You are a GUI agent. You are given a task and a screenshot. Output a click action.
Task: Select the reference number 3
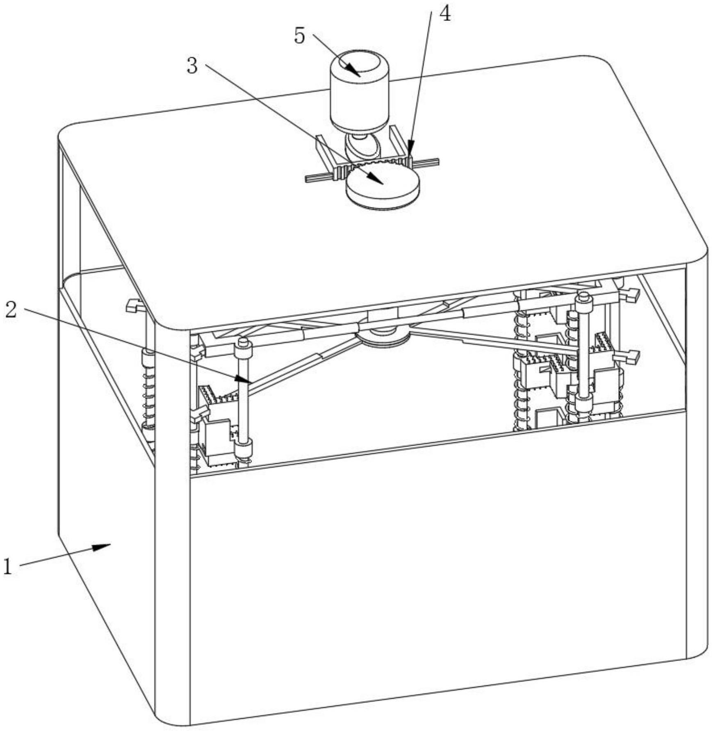(x=192, y=66)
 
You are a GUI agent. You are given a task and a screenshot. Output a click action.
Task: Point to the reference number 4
(x=444, y=14)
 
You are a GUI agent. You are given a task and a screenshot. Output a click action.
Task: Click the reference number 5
(x=300, y=36)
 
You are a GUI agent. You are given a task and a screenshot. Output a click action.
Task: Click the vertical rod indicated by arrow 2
(x=244, y=394)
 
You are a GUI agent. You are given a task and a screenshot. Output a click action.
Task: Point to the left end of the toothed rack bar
(x=312, y=178)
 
